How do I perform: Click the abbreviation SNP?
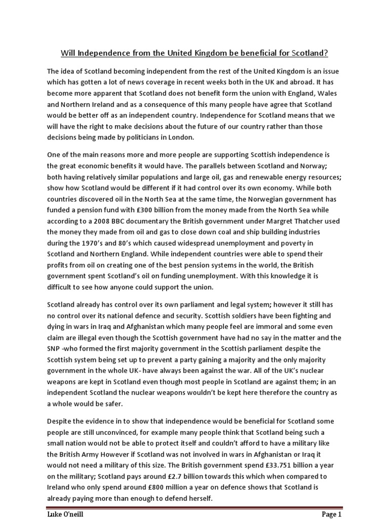tap(55, 349)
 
